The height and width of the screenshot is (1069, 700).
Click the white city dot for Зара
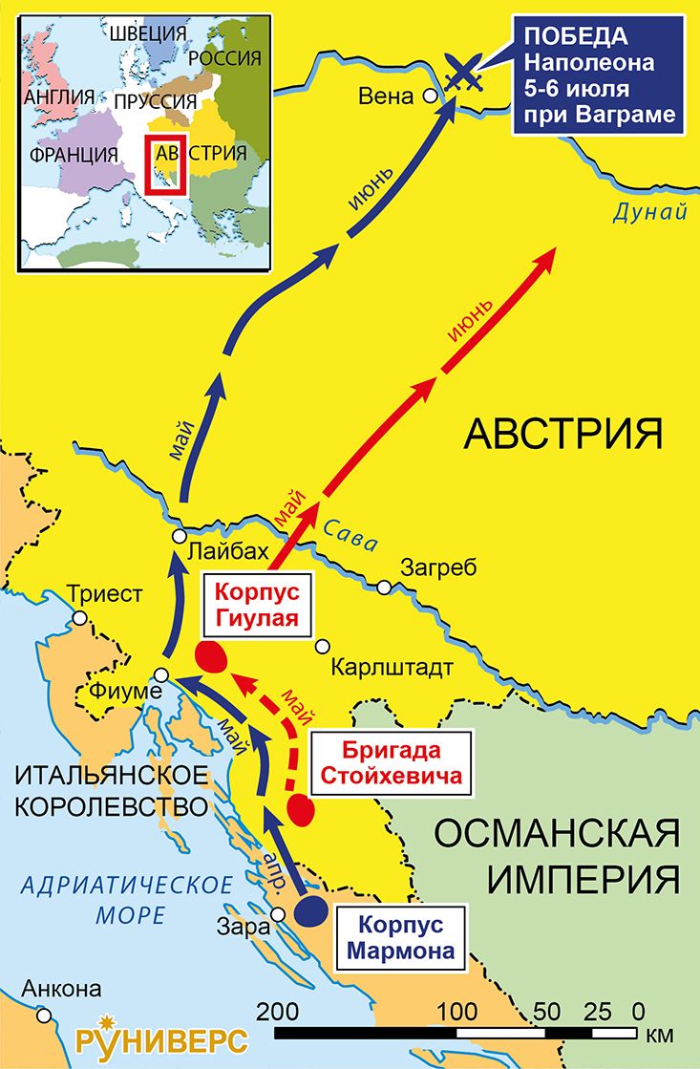[x=279, y=914]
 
